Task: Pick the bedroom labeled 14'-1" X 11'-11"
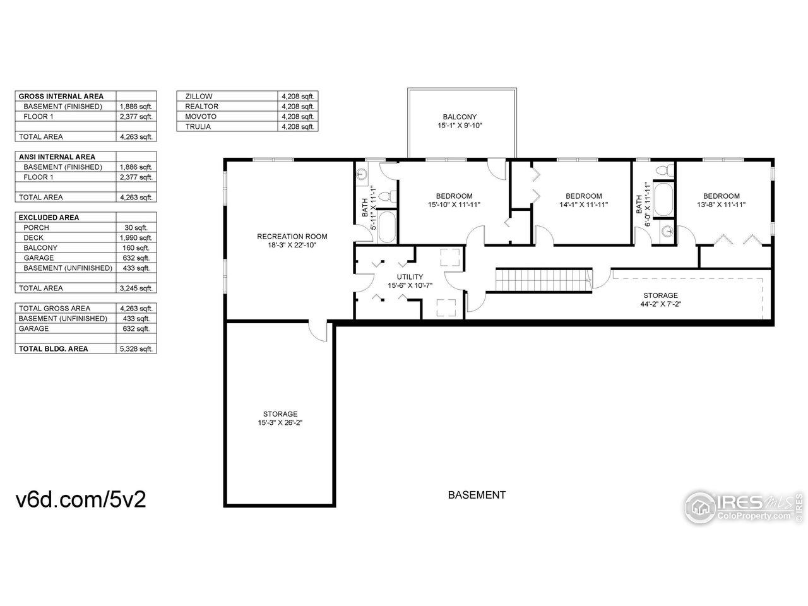(583, 200)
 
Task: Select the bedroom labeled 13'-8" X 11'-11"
(721, 200)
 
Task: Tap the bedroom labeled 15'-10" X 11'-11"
(454, 200)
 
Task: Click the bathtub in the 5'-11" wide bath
(387, 227)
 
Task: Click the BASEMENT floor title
(477, 496)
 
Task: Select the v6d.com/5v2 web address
(81, 499)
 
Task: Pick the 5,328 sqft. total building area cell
(136, 349)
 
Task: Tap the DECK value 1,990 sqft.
(136, 238)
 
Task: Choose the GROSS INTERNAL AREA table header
(61, 97)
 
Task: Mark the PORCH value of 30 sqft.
(136, 228)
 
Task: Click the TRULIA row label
(198, 127)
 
